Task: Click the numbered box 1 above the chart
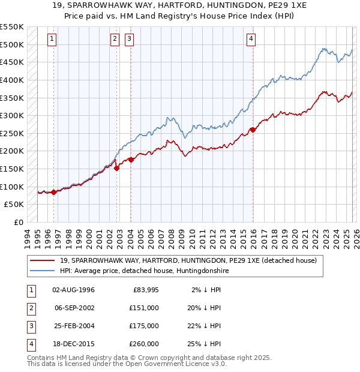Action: tap(52, 39)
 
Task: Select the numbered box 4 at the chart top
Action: tap(251, 39)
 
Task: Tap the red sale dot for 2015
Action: tap(253, 129)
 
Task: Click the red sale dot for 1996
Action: tap(54, 192)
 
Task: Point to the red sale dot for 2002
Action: tap(117, 168)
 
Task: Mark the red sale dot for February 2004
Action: tap(131, 160)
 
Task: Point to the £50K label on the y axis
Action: tap(14, 205)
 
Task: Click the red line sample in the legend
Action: tap(43, 261)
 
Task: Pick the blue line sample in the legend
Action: tap(43, 271)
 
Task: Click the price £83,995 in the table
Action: tap(144, 290)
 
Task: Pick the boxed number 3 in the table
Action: tap(30, 326)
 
